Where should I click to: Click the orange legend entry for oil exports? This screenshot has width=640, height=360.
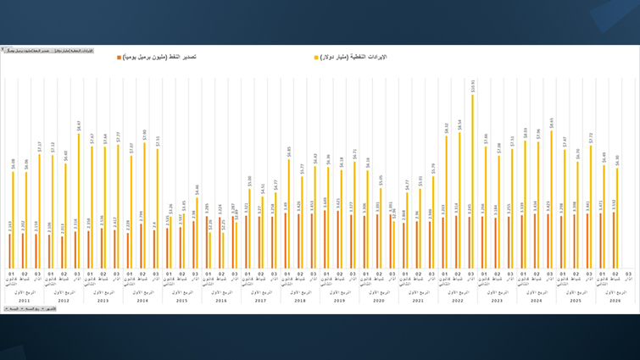157,57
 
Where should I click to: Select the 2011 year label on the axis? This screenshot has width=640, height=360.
24,301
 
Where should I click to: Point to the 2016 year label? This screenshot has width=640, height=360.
220,301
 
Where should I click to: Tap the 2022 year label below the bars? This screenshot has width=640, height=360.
458,301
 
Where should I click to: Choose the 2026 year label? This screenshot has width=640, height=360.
615,301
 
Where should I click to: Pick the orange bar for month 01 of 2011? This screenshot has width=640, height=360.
10,250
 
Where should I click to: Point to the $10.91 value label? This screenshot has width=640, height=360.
473,85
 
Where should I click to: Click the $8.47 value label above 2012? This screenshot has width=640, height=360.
79,125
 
